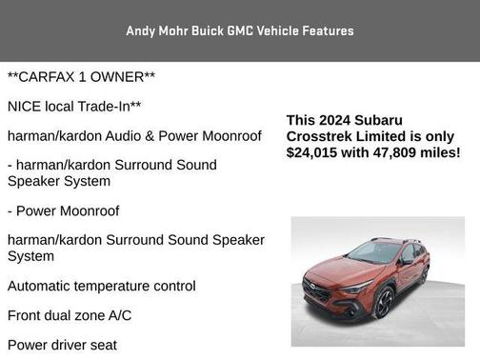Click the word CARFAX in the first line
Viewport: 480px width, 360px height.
point(49,75)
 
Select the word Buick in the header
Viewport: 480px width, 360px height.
point(206,30)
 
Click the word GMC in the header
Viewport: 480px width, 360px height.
point(243,30)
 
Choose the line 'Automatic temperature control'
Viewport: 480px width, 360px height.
point(102,286)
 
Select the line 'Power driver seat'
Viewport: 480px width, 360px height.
point(63,345)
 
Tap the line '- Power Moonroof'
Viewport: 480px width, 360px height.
point(64,210)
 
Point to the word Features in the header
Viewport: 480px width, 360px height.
point(327,30)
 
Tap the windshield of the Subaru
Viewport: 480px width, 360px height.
point(375,252)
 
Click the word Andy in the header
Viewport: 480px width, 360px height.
point(141,30)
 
